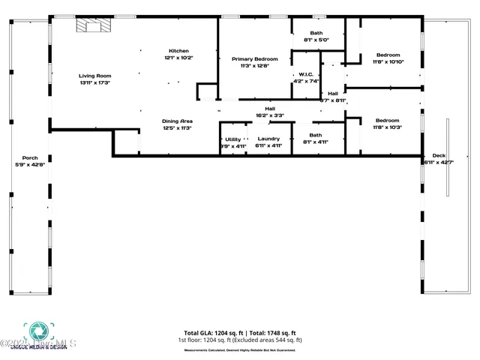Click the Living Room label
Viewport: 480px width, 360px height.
click(95, 76)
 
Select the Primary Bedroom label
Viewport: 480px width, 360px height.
click(254, 59)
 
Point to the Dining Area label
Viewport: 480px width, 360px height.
click(177, 121)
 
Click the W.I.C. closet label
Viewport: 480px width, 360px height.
click(306, 74)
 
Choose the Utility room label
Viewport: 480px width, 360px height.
click(232, 139)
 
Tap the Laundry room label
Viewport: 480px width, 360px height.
click(268, 139)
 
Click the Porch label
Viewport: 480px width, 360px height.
click(30, 157)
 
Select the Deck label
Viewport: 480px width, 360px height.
click(439, 156)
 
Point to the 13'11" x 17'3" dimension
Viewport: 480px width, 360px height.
click(95, 82)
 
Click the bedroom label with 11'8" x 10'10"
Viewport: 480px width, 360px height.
click(388, 55)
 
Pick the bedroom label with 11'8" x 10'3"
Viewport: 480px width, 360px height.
click(388, 121)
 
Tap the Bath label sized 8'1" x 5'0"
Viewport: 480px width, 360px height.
click(316, 33)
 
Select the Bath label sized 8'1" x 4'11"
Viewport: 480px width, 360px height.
click(316, 135)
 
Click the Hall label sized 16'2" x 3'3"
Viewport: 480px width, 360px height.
click(269, 109)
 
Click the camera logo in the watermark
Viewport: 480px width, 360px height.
click(35, 331)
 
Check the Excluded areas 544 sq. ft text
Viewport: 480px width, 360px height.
click(269, 340)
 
